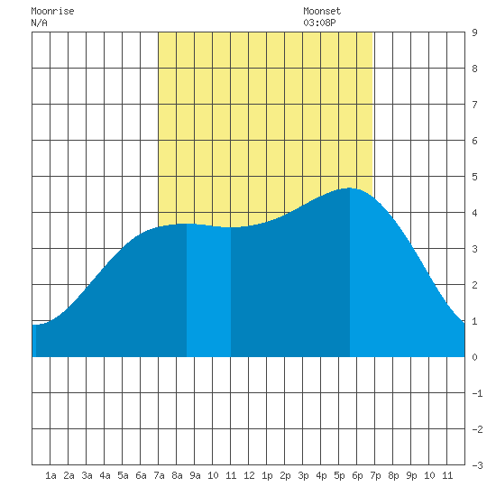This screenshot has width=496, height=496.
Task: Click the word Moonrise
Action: pyautogui.click(x=52, y=11)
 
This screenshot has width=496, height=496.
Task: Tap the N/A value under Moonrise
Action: pyautogui.click(x=39, y=23)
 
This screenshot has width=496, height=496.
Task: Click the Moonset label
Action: pyautogui.click(x=322, y=11)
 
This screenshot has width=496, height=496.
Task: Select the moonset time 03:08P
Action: pyautogui.click(x=319, y=23)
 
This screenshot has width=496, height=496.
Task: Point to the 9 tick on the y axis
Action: pyautogui.click(x=474, y=32)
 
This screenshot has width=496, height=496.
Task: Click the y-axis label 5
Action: pyautogui.click(x=474, y=177)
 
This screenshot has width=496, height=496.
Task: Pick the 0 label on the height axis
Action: pyautogui.click(x=474, y=357)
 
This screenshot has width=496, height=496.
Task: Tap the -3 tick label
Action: pyautogui.click(x=477, y=465)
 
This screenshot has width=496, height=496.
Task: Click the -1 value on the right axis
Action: pyautogui.click(x=477, y=393)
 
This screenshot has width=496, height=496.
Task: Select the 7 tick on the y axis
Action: pyautogui.click(x=474, y=105)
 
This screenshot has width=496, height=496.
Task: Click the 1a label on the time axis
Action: pyautogui.click(x=51, y=475)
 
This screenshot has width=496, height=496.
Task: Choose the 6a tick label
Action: pyautogui.click(x=141, y=475)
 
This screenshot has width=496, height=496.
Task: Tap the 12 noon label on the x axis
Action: pyautogui.click(x=249, y=475)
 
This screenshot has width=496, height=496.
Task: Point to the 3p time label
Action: pyautogui.click(x=303, y=475)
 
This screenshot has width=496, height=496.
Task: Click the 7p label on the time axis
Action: pyautogui.click(x=375, y=475)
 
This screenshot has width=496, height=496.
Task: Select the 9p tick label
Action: pyautogui.click(x=411, y=475)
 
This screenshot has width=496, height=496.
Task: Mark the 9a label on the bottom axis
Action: pyautogui.click(x=195, y=475)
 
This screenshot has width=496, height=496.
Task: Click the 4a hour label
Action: pyautogui.click(x=105, y=475)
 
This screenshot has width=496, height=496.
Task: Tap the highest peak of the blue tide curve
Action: pyautogui.click(x=350, y=188)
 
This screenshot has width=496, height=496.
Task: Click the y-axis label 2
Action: pyautogui.click(x=474, y=285)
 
